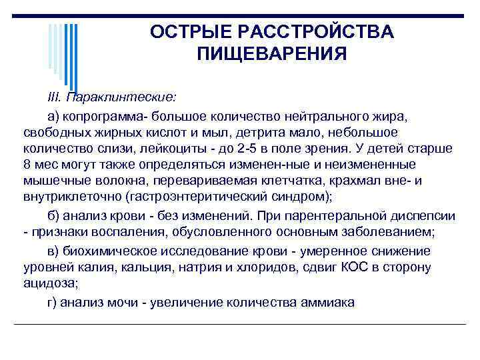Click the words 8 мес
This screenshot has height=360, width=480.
(37, 164)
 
